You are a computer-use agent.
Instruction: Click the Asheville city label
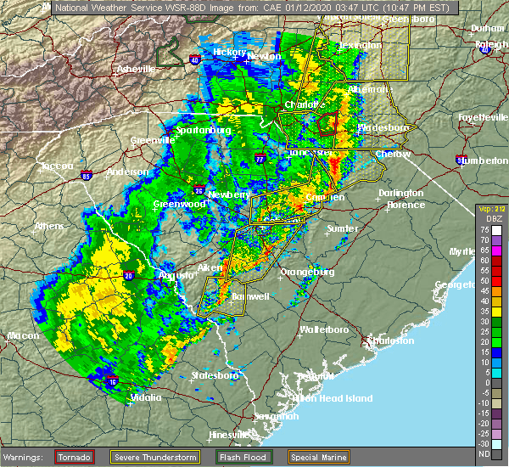pos(136,68)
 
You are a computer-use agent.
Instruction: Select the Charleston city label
pos(390,340)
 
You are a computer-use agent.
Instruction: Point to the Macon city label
pos(23,335)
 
